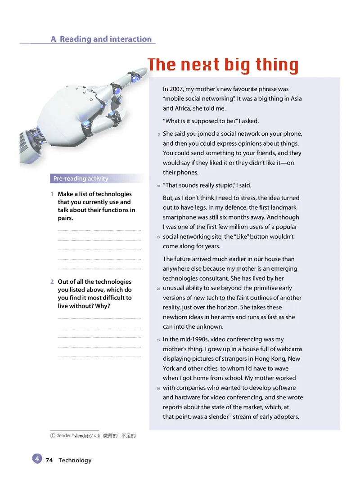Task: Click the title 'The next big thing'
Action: [223, 65]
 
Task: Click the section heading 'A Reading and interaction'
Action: [101, 39]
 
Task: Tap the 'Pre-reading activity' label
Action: [81, 179]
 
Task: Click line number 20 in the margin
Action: [158, 288]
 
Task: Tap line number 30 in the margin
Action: [158, 388]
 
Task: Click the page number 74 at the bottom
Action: [49, 460]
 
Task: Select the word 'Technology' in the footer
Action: [75, 460]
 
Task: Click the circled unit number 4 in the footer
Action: [37, 459]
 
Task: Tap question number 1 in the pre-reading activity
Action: [52, 194]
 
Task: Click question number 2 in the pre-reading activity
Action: [52, 282]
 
